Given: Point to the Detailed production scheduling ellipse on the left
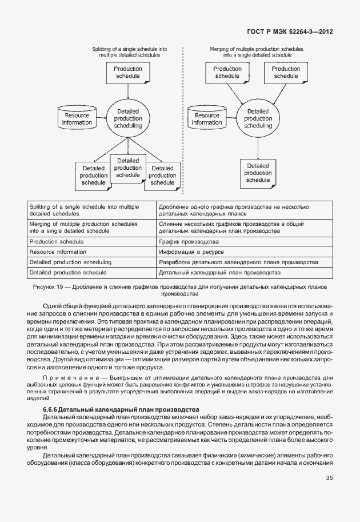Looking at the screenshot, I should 129,119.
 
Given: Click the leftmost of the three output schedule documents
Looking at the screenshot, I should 93,176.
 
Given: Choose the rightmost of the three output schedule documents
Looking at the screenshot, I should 162,176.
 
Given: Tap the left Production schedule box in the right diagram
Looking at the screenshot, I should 227,73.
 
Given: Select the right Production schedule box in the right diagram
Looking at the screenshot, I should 286,73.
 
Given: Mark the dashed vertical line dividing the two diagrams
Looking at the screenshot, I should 182,114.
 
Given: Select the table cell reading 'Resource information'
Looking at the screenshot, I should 58,252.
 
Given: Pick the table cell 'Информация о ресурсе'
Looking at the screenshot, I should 191,252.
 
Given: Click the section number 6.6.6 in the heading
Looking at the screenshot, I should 50,409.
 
